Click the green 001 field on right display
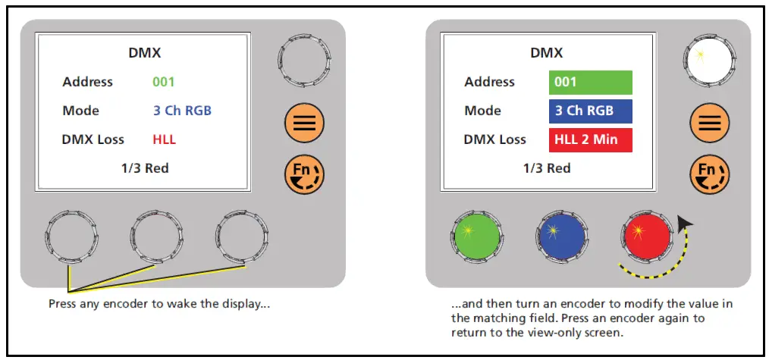[x=590, y=82]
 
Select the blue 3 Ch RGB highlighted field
[x=590, y=111]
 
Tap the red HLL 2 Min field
[x=590, y=139]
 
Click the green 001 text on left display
[x=164, y=82]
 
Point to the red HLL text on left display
[x=165, y=139]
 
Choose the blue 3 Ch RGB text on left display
[x=182, y=111]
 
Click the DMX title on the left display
[x=144, y=54]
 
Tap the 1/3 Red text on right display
[x=547, y=168]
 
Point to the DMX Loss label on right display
[x=495, y=139]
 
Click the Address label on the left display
[x=88, y=82]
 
